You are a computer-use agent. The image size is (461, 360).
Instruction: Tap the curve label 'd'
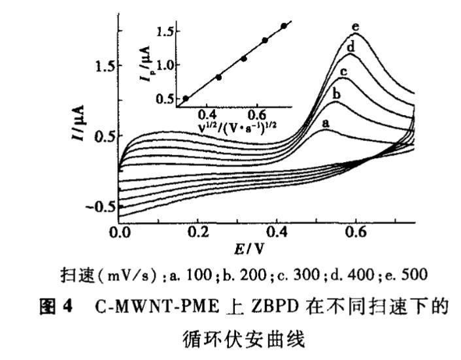[x=350, y=47]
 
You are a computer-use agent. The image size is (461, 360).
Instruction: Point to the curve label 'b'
[x=337, y=95]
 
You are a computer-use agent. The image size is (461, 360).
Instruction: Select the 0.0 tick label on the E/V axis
[x=119, y=232]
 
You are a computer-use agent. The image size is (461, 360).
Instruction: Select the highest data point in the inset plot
[x=283, y=26]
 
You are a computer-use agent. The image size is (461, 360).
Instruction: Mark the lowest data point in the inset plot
[x=186, y=99]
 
